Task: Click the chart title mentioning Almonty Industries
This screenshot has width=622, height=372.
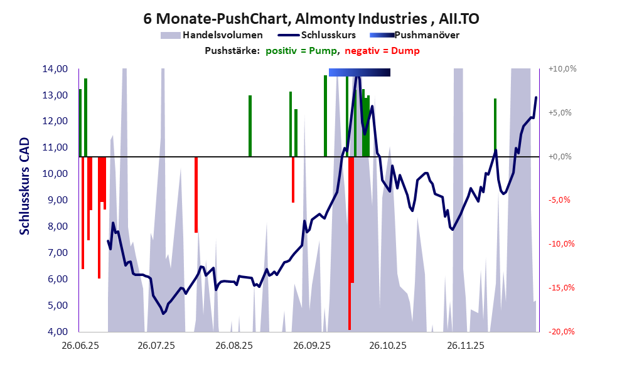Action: pyautogui.click(x=311, y=19)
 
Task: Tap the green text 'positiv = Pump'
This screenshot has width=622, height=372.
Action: pyautogui.click(x=302, y=51)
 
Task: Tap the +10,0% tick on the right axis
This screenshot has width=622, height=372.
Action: pyautogui.click(x=562, y=69)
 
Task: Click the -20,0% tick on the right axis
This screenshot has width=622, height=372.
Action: pyautogui.click(x=562, y=332)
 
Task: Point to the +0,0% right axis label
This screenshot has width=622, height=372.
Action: pyautogui.click(x=562, y=157)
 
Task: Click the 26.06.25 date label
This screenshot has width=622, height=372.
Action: pyautogui.click(x=79, y=346)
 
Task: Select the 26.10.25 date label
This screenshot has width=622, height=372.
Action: pyautogui.click(x=387, y=346)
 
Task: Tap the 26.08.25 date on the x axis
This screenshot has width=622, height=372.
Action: pyautogui.click(x=233, y=346)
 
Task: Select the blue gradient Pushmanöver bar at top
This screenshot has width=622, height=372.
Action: pyautogui.click(x=359, y=73)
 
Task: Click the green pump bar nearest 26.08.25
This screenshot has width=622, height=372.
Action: pyautogui.click(x=250, y=125)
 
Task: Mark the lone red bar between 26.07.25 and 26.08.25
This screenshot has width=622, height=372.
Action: pyautogui.click(x=196, y=194)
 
